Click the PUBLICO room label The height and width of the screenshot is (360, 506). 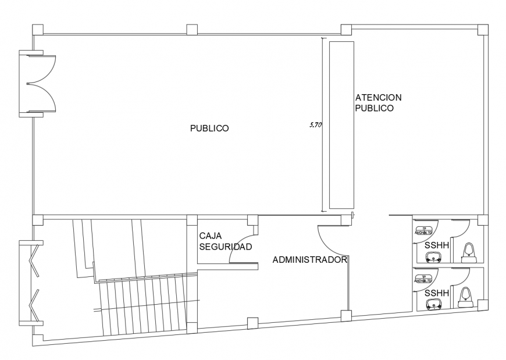point(209,129)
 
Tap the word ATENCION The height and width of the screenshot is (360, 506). point(378,97)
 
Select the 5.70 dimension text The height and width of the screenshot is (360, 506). point(315,124)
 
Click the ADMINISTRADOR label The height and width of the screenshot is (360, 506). point(309,260)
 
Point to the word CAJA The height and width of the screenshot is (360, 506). point(211,236)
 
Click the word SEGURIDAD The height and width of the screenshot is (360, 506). point(225,247)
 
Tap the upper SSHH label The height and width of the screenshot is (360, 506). point(437,245)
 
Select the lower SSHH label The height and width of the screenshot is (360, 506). point(437,293)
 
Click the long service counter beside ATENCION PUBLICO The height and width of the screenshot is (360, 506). point(341,124)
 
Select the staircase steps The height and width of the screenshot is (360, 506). point(145,305)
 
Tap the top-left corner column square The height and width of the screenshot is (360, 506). point(37,29)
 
